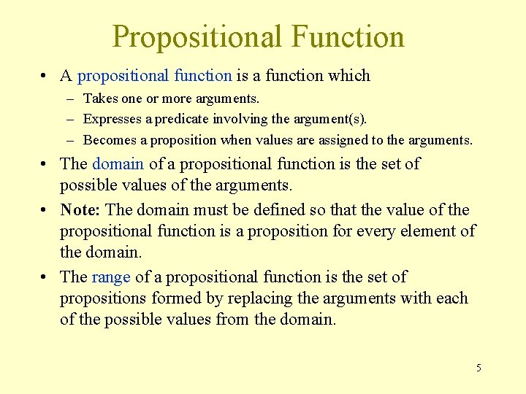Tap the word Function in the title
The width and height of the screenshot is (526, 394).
click(346, 37)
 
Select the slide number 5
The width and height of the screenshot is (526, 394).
click(479, 367)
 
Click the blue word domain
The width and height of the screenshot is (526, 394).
click(118, 164)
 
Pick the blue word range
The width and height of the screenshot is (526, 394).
click(111, 277)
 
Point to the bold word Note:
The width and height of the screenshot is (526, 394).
click(80, 210)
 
